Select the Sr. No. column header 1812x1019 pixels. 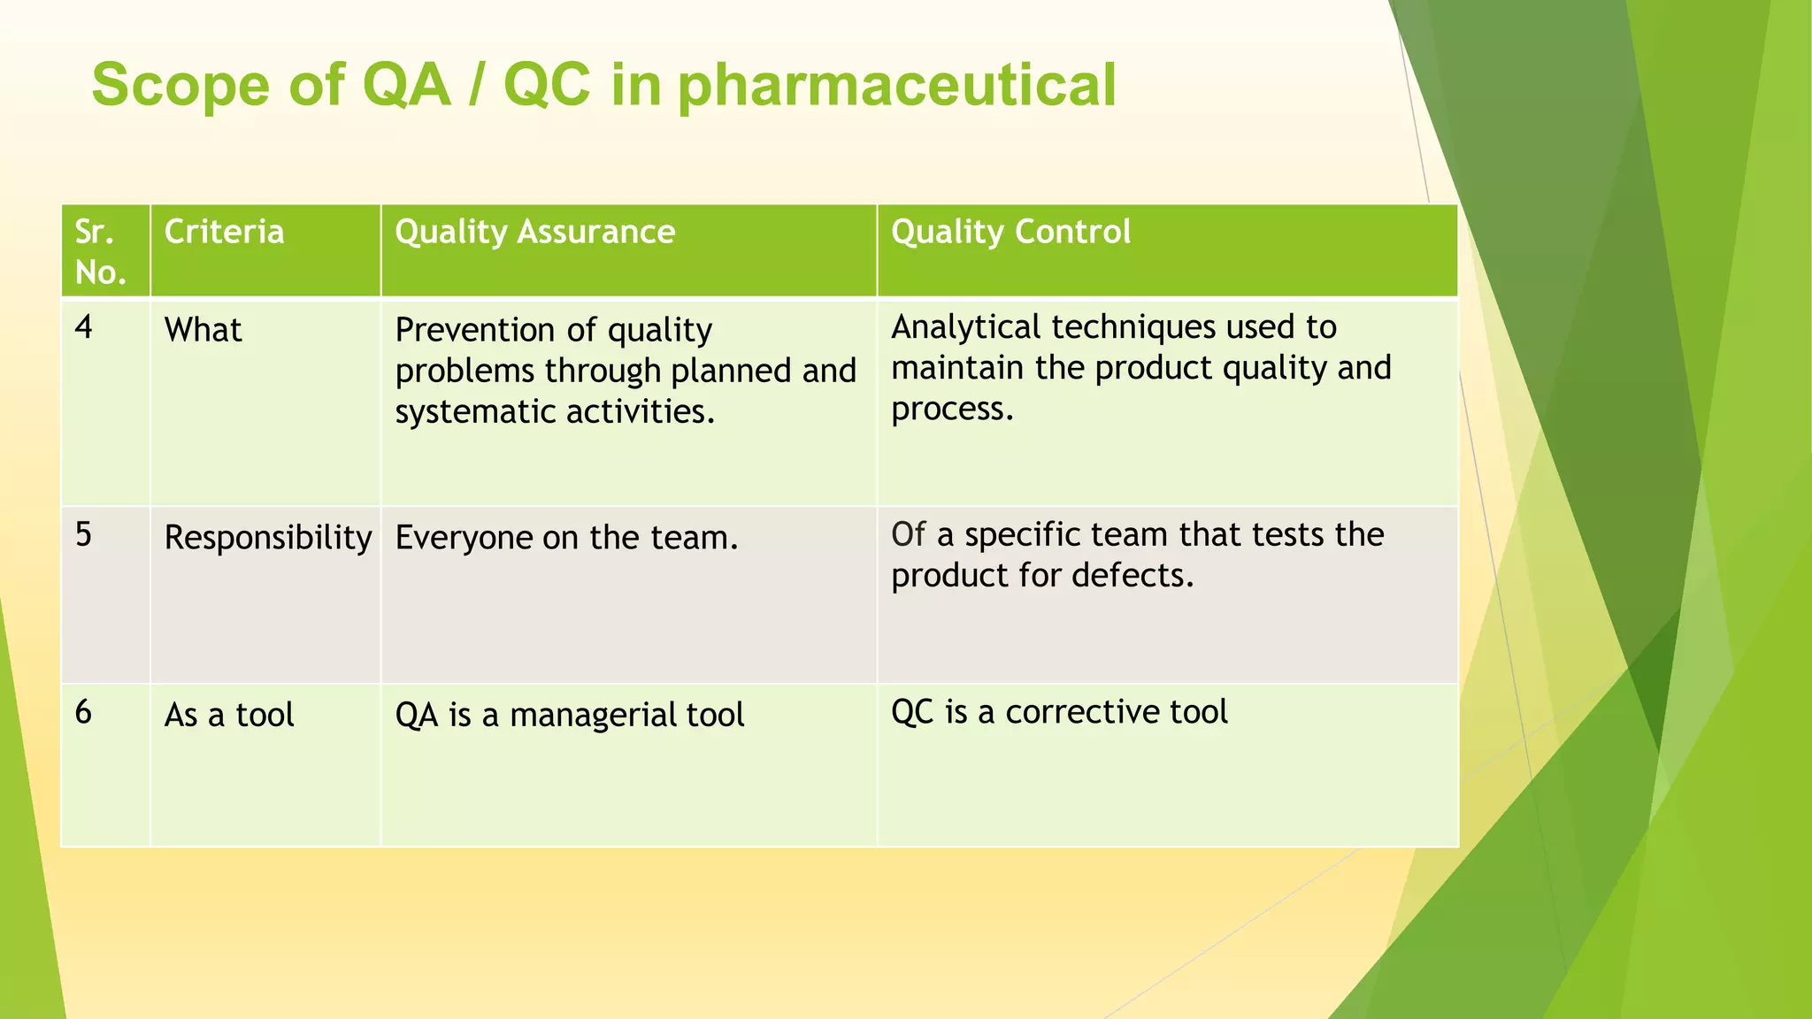coord(100,252)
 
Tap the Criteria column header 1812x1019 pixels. coord(224,232)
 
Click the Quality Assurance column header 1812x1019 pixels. coord(534,232)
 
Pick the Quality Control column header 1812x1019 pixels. coord(1010,232)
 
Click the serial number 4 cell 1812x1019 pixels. coord(84,327)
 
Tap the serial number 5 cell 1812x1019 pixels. coord(84,534)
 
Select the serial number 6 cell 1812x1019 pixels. coord(84,711)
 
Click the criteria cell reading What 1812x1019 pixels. coord(203,330)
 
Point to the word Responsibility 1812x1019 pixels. coord(267,538)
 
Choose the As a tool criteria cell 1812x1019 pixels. coord(229,715)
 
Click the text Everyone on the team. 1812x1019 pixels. coord(566,538)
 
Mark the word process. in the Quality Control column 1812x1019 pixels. coord(951,410)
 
